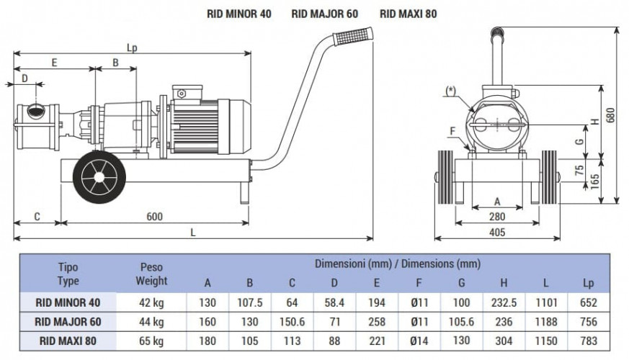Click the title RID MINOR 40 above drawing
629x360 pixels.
tap(238, 13)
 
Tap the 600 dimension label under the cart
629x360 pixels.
tap(154, 216)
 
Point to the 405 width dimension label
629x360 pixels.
tap(497, 232)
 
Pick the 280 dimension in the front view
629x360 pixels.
tap(497, 216)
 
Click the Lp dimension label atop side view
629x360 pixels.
tap(131, 48)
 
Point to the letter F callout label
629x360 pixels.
tap(452, 130)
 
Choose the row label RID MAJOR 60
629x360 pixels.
tap(68, 321)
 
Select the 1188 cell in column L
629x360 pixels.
tap(547, 321)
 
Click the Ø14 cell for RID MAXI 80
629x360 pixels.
tap(419, 341)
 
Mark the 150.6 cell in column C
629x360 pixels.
tap(292, 321)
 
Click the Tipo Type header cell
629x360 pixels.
tap(68, 274)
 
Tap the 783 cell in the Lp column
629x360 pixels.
tap(589, 341)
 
